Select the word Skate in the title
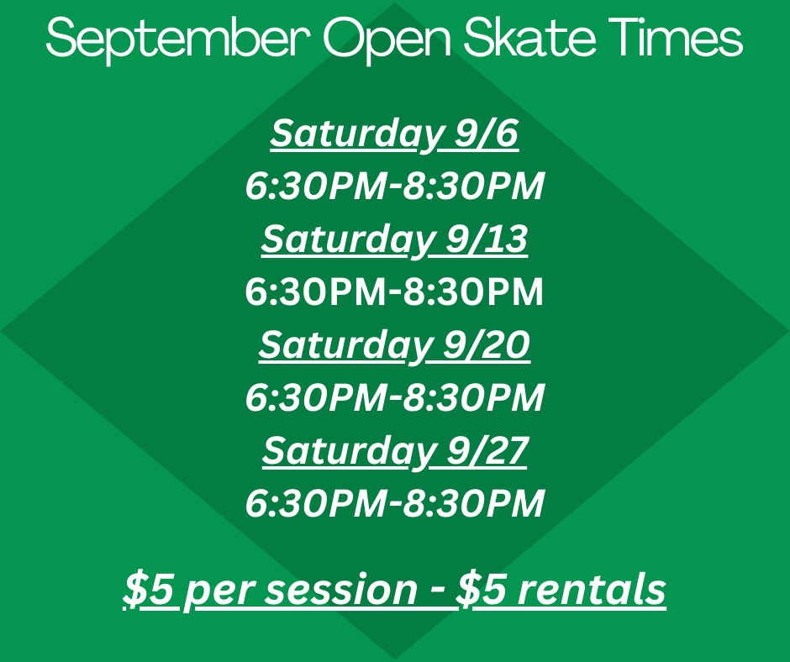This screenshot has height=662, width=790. click(529, 37)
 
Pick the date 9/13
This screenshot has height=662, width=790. click(487, 239)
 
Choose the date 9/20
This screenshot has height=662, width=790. click(487, 344)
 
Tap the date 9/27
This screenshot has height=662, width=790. click(487, 450)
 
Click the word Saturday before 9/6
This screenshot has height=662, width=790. click(356, 135)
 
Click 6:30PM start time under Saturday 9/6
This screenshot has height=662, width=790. click(316, 186)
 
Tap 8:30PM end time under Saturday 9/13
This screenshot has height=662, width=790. click(474, 292)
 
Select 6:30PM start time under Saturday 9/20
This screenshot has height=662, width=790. click(316, 397)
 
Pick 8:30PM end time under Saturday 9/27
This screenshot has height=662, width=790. click(474, 503)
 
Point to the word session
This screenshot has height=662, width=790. click(341, 590)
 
